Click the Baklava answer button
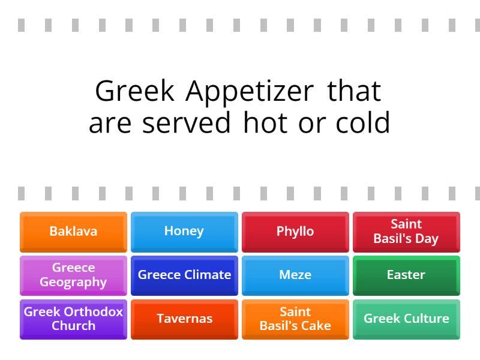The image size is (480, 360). coord(73,232)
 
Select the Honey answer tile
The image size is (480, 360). coord(184,232)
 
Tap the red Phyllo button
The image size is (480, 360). coord(295,232)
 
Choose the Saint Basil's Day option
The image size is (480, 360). coord(406,232)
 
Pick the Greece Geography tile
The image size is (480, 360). coord(73,275)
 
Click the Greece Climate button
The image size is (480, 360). coord(184,275)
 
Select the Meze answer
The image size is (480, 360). coord(295,275)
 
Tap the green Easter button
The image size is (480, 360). coord(406,275)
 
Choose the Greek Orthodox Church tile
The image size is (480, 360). coord(73,319)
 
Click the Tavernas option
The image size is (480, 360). coord(184,319)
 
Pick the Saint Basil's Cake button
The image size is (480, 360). coord(295,319)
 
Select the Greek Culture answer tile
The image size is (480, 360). coord(406,319)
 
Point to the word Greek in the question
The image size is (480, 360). coord(134,92)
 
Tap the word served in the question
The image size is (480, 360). coord(186,124)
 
